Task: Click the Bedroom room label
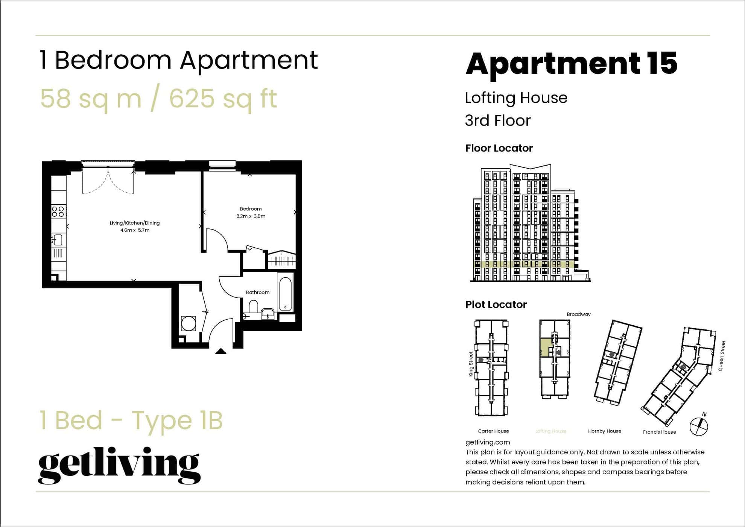click(251, 209)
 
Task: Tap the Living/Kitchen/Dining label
click(135, 223)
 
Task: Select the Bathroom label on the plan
click(258, 292)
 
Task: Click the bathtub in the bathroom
click(286, 294)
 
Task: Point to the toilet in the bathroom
click(253, 306)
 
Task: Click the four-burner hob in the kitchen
click(58, 212)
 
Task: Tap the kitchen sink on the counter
click(58, 240)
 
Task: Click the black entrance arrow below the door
click(221, 351)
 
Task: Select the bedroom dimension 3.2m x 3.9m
click(251, 216)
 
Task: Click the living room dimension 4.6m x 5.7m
click(135, 230)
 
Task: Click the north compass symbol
click(699, 426)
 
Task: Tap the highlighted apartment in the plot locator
click(544, 347)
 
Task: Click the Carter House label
click(493, 431)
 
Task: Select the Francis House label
click(659, 432)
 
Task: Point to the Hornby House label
click(604, 431)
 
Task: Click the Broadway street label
click(579, 314)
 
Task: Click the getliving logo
click(119, 465)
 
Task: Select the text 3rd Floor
click(497, 120)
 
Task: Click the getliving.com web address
click(488, 442)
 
